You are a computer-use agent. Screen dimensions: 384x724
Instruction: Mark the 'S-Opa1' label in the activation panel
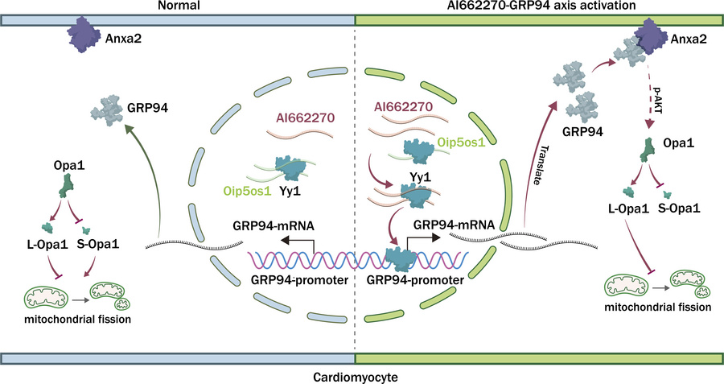pos(679,209)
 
